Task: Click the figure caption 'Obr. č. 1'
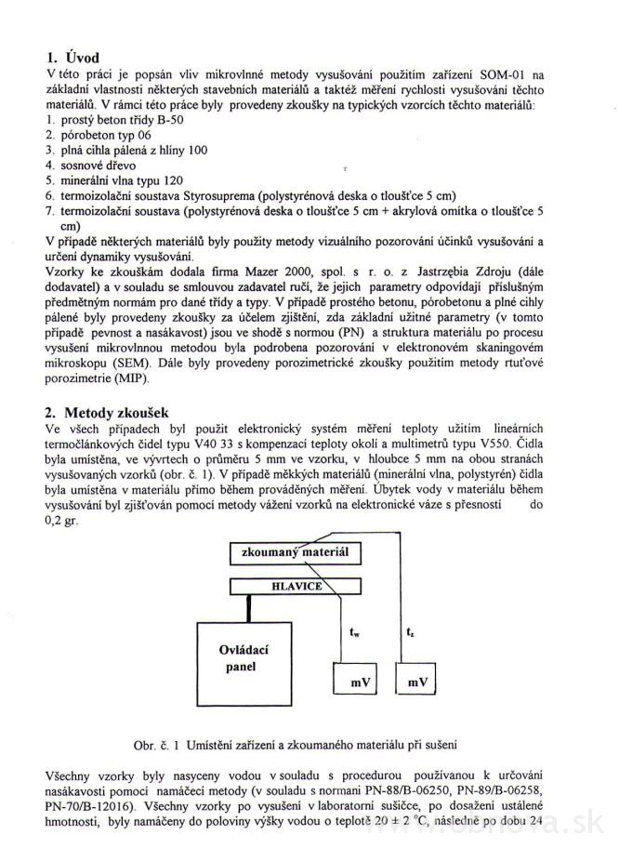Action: pos(296,745)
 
